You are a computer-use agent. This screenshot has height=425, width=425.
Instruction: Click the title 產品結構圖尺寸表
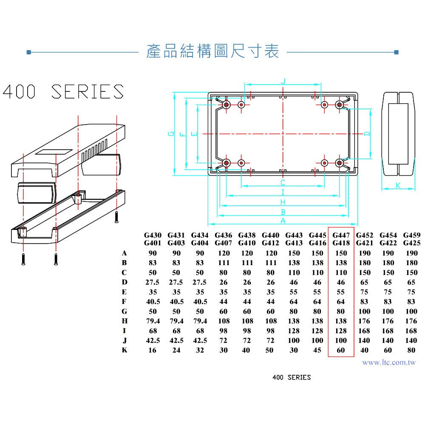(x=212, y=51)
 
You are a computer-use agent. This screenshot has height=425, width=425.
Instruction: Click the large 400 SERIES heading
(x=63, y=91)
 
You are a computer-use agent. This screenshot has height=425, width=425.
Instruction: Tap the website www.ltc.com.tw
(x=389, y=363)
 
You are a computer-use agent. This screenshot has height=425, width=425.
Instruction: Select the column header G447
(x=341, y=235)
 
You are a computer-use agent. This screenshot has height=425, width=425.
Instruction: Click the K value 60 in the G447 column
(x=341, y=350)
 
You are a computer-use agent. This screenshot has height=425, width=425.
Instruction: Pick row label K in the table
(x=125, y=350)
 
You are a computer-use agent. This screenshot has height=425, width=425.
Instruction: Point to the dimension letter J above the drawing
(x=283, y=81)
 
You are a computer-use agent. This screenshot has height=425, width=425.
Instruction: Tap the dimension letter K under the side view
(x=398, y=185)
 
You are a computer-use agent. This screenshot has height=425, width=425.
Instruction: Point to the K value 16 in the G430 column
(x=153, y=350)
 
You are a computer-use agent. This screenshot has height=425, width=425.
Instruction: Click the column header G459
(x=411, y=235)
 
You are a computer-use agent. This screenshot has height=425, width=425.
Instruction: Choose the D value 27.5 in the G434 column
(x=200, y=282)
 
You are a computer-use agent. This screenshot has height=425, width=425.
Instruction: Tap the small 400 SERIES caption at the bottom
(x=292, y=377)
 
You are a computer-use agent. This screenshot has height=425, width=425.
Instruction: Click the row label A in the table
(x=125, y=253)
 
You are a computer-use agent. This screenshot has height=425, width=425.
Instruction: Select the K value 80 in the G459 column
(x=411, y=350)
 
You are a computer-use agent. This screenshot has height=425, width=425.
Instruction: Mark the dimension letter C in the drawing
(x=283, y=183)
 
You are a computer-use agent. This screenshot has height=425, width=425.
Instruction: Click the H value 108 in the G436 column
(x=224, y=321)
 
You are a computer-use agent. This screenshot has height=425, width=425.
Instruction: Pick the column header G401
(x=153, y=243)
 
